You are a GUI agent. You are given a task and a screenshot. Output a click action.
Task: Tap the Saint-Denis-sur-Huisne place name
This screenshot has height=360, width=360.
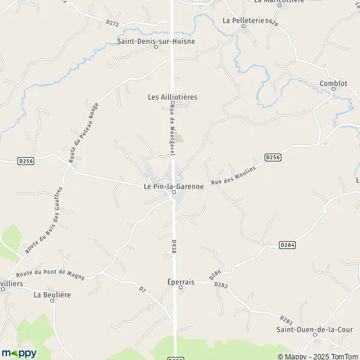click(x=155, y=41)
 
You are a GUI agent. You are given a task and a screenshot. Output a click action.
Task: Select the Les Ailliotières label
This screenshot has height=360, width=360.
click(x=172, y=97)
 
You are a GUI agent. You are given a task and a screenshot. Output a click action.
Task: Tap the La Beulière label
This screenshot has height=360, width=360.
click(x=50, y=295)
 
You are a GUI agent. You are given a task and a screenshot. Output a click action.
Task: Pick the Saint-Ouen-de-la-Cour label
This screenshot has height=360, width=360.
click(x=314, y=329)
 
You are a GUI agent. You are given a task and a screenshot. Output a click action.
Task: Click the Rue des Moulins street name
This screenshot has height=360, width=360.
click(x=233, y=175)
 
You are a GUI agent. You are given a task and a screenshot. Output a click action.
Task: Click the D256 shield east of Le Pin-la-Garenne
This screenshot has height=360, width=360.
click(x=272, y=157)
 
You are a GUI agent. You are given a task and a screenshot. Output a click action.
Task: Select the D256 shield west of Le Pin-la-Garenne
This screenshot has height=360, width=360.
click(x=25, y=161)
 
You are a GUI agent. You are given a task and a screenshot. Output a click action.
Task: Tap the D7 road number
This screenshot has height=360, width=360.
click(x=142, y=290)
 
